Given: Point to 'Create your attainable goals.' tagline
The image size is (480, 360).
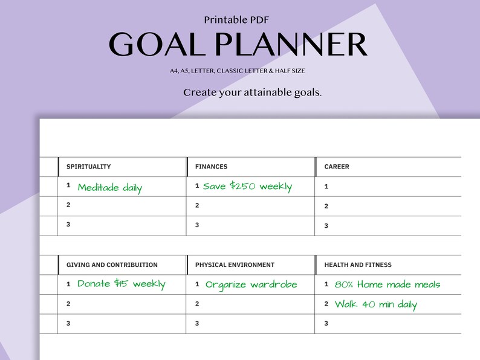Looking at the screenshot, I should (252, 92).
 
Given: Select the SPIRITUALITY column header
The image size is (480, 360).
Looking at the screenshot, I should (88, 167).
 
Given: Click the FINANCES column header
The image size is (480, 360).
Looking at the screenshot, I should (211, 167).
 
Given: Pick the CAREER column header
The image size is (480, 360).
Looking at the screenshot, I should (337, 167).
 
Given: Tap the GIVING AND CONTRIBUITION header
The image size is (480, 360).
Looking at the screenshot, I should (112, 265).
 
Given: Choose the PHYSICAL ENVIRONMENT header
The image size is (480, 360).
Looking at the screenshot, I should (235, 265).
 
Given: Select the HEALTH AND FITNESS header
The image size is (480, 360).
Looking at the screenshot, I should (358, 265).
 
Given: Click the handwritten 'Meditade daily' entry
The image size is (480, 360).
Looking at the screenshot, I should (110, 188).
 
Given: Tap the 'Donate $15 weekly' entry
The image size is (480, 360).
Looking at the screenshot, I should (121, 284).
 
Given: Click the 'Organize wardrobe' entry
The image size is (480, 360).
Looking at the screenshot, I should (251, 284).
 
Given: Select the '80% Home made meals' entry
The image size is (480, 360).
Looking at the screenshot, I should (387, 284).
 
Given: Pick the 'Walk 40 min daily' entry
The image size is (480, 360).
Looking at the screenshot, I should (375, 304).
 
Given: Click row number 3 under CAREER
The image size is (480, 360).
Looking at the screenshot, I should (326, 226).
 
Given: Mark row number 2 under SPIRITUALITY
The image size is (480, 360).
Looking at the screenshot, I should (69, 205).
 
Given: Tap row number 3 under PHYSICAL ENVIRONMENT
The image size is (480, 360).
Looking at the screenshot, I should (197, 323).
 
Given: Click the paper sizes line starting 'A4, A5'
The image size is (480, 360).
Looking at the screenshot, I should (237, 71).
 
